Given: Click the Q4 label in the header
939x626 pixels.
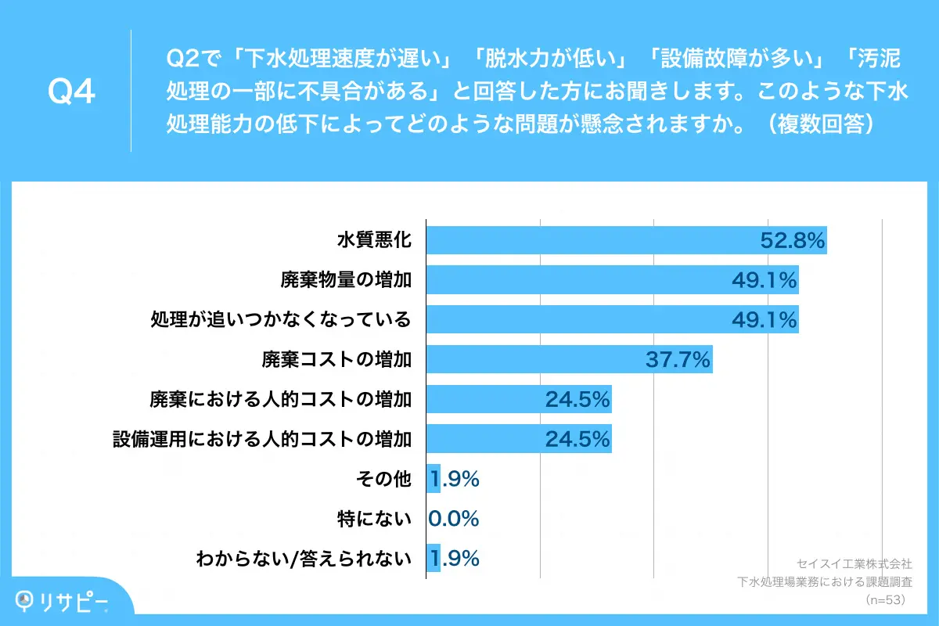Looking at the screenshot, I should (x=71, y=92).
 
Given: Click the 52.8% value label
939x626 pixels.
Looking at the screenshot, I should (x=793, y=241).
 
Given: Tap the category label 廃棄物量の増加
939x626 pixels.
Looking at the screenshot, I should (x=347, y=279).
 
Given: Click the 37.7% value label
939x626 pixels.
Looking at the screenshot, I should (x=678, y=359).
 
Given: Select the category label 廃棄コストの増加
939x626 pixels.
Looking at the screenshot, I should (x=336, y=359).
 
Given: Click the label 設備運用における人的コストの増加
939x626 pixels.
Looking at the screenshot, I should (x=262, y=439).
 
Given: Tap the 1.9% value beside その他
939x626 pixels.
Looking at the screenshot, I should (x=454, y=479).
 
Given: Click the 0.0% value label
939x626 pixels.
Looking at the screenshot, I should (x=454, y=519).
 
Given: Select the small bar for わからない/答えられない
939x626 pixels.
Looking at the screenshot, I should (x=433, y=559).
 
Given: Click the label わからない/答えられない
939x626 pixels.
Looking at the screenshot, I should (x=304, y=559).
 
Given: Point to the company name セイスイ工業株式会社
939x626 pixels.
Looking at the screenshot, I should (x=854, y=563).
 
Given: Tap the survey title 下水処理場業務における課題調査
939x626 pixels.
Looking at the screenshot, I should (x=825, y=582).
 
